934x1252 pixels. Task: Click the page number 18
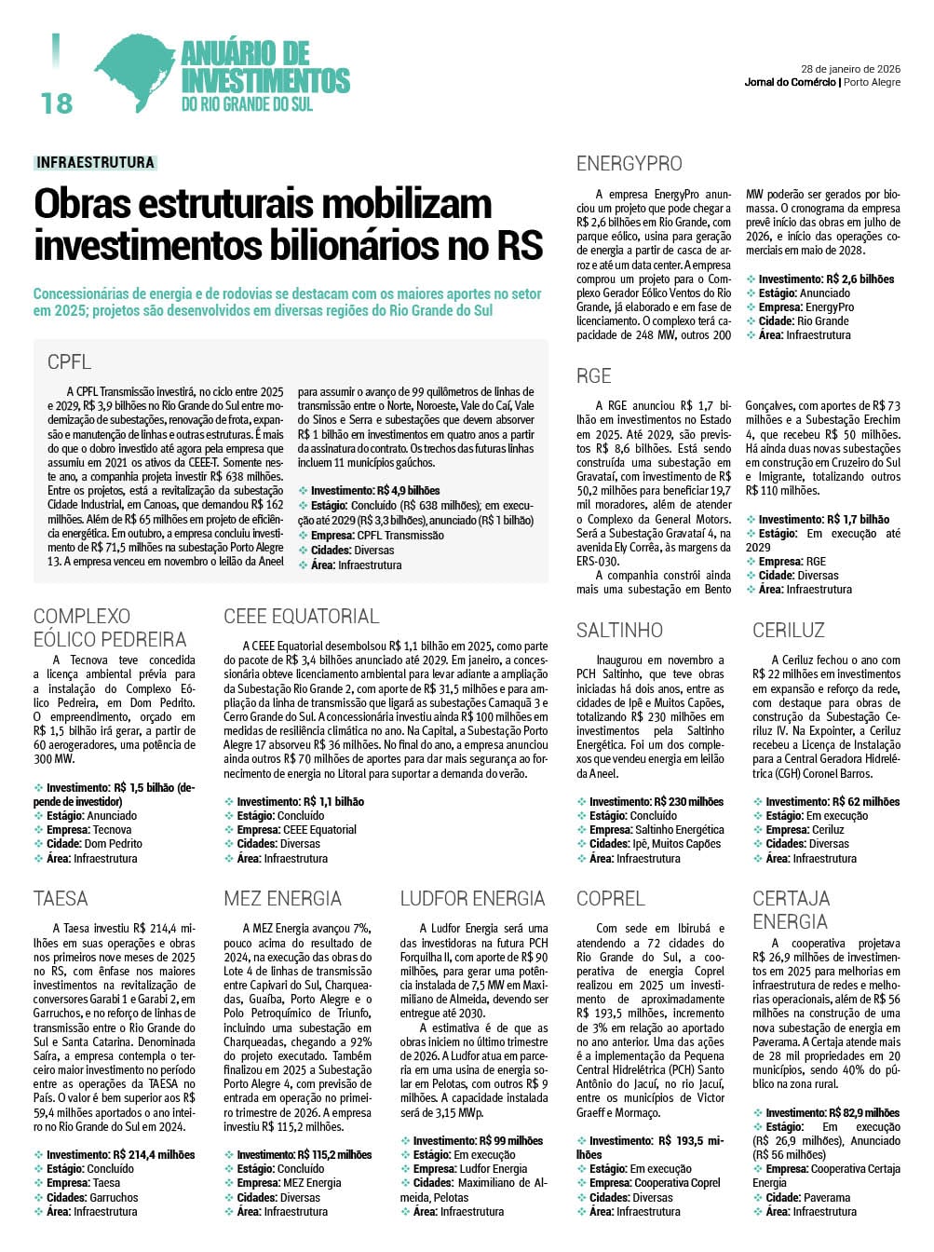[57, 102]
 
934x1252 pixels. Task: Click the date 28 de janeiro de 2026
[850, 68]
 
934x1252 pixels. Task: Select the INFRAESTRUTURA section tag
[95, 162]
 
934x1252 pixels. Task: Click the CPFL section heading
[70, 362]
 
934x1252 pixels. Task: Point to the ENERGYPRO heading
[629, 164]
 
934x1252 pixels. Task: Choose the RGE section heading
[593, 376]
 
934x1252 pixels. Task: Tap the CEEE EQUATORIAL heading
[301, 616]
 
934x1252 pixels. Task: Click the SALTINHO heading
[619, 631]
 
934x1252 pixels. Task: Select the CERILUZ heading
[788, 631]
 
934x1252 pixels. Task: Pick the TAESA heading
[61, 899]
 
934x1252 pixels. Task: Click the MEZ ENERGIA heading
[282, 899]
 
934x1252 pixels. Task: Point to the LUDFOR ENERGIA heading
[472, 899]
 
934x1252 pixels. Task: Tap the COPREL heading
[610, 899]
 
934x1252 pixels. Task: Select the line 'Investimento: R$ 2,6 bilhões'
[825, 279]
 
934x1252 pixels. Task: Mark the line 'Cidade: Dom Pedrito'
[94, 844]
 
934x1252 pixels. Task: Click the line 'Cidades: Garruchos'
[91, 1198]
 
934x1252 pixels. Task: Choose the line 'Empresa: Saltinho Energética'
[656, 830]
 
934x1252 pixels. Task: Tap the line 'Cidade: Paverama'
[807, 1198]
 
